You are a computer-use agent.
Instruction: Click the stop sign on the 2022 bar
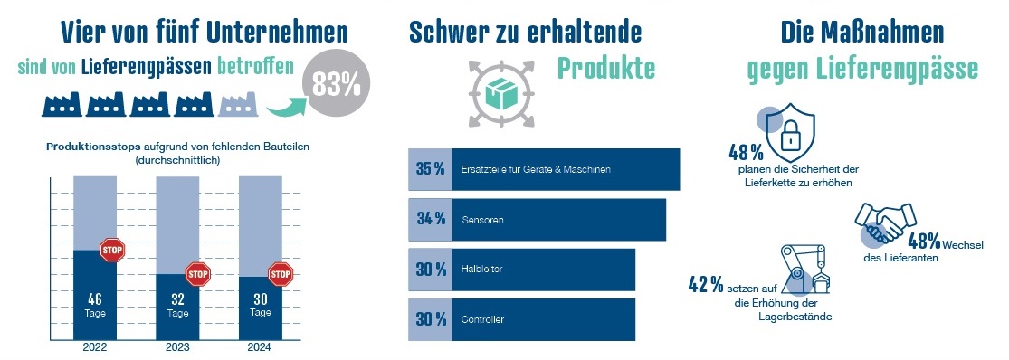(x=111, y=250)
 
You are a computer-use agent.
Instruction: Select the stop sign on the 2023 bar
(x=197, y=272)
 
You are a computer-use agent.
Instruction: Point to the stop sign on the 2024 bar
(x=281, y=273)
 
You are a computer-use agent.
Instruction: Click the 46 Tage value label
(x=94, y=305)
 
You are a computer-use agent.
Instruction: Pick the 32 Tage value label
(x=177, y=305)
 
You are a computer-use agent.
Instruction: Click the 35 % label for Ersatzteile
(x=430, y=169)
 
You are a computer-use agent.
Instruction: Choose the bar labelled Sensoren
(x=558, y=220)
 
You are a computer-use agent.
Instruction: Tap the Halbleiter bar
(x=543, y=270)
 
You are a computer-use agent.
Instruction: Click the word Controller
(x=482, y=320)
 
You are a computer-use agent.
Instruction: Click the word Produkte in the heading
(x=605, y=67)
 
